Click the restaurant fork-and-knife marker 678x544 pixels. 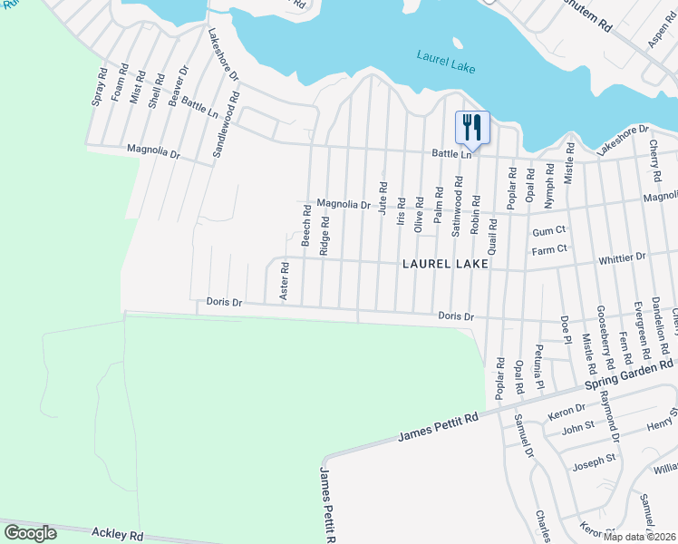(x=471, y=128)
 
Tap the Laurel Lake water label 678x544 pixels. (x=447, y=61)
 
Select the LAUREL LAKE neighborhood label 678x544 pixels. (x=445, y=264)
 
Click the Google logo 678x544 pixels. (x=30, y=533)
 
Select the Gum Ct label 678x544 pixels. (x=548, y=231)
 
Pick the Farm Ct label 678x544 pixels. (x=549, y=248)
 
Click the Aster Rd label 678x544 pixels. (x=284, y=281)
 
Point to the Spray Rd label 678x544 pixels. (x=98, y=87)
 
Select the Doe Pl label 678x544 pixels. (x=565, y=329)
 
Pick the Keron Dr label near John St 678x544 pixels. (x=567, y=414)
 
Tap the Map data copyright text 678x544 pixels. (x=634, y=536)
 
